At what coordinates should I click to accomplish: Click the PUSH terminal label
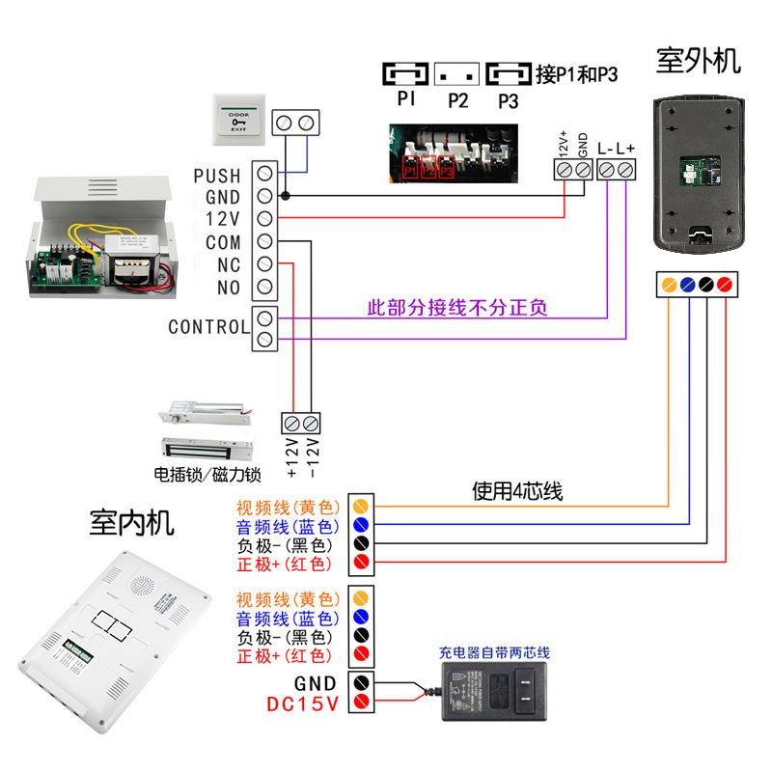[217, 176]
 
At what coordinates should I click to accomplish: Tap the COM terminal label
[223, 243]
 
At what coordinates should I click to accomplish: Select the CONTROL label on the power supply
[208, 327]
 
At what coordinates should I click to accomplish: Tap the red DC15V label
[303, 703]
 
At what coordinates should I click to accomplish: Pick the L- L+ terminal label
[616, 149]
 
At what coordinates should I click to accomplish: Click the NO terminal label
[229, 287]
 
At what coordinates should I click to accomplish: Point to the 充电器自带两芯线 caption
[493, 652]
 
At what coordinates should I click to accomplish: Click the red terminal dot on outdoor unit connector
[724, 285]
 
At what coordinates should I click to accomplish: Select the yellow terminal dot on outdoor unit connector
[668, 285]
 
